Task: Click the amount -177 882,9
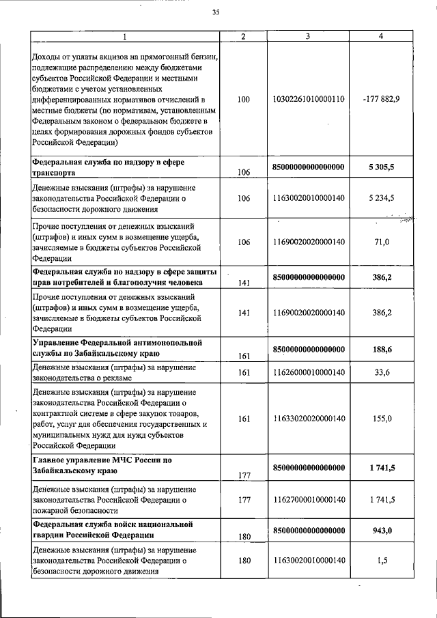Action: [x=382, y=99]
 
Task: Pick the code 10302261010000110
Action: [x=309, y=99]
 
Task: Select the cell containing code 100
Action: [x=244, y=99]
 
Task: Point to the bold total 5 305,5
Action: [x=382, y=166]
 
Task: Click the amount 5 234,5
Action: [x=382, y=198]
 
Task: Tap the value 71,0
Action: [x=382, y=242]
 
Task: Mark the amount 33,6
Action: [x=382, y=372]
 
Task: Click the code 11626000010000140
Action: [x=309, y=372]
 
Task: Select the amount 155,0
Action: [x=382, y=419]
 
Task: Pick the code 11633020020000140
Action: [x=309, y=419]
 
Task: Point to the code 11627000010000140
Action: [x=309, y=500]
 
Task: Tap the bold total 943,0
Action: [x=382, y=530]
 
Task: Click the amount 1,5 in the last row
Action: [x=382, y=561]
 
